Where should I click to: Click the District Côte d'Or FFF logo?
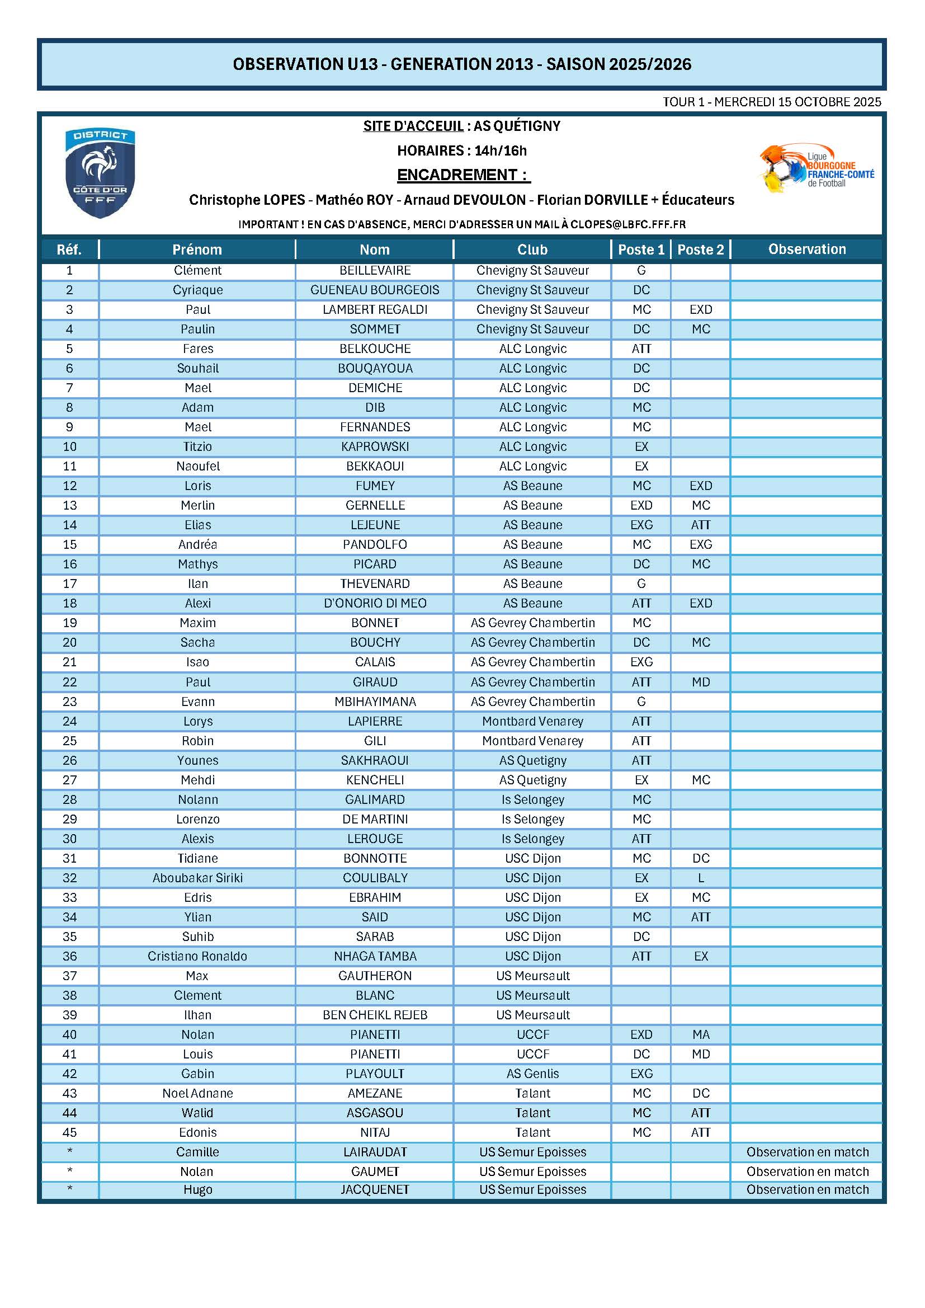[x=100, y=173]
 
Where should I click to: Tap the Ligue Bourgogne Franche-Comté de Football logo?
[x=817, y=168]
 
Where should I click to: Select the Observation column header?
[x=806, y=249]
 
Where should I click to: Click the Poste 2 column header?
[x=700, y=250]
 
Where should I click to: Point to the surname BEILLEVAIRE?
[x=375, y=271]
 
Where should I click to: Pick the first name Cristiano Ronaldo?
[x=197, y=956]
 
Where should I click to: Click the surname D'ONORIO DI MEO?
[x=375, y=603]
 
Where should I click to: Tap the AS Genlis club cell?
[x=532, y=1073]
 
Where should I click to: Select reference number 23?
[x=69, y=702]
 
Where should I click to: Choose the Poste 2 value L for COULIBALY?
[x=701, y=878]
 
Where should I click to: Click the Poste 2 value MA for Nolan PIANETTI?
[x=701, y=1034]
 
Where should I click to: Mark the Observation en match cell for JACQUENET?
[x=807, y=1189]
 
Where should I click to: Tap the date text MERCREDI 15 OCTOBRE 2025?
[x=797, y=102]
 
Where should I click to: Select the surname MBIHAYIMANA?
[x=375, y=702]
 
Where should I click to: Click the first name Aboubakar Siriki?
[x=197, y=878]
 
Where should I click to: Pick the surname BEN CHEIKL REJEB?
[x=375, y=1015]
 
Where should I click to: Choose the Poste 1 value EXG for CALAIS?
[x=641, y=662]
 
